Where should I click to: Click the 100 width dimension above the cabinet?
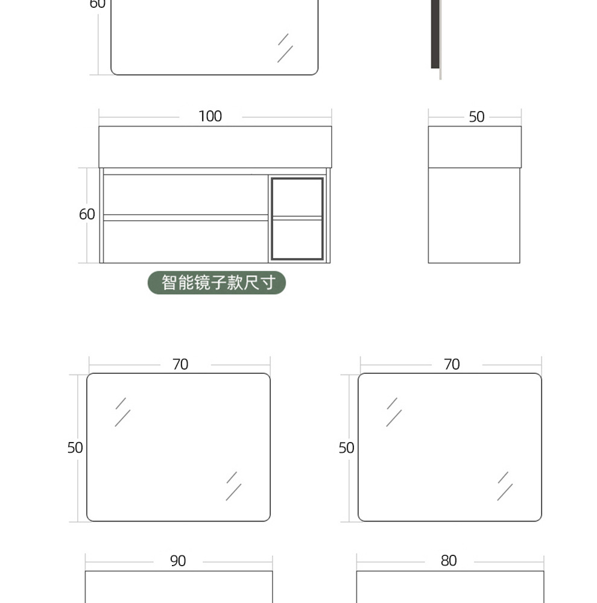tap(210, 116)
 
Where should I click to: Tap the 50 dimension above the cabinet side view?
tap(476, 117)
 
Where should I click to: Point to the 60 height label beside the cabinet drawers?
tap(87, 214)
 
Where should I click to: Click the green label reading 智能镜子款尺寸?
tap(217, 282)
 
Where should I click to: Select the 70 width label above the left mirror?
tap(180, 364)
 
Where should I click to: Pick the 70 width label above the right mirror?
tap(452, 364)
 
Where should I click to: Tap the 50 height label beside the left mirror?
tap(75, 447)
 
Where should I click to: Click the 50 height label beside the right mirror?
tap(346, 447)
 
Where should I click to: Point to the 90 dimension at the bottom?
tap(178, 561)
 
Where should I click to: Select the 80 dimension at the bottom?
tap(449, 561)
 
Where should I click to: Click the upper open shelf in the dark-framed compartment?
tap(297, 197)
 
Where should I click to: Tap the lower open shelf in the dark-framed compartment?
tap(297, 239)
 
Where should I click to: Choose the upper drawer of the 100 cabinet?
tap(186, 194)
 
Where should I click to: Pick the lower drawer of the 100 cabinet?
tap(186, 241)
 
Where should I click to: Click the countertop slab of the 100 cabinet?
tap(215, 147)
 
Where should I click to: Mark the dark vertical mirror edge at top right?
tap(435, 33)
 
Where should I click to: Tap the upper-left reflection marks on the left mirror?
tap(122, 411)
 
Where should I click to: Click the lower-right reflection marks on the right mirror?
tap(505, 485)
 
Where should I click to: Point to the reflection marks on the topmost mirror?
tap(285, 47)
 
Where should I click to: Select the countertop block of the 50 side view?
tap(475, 147)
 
